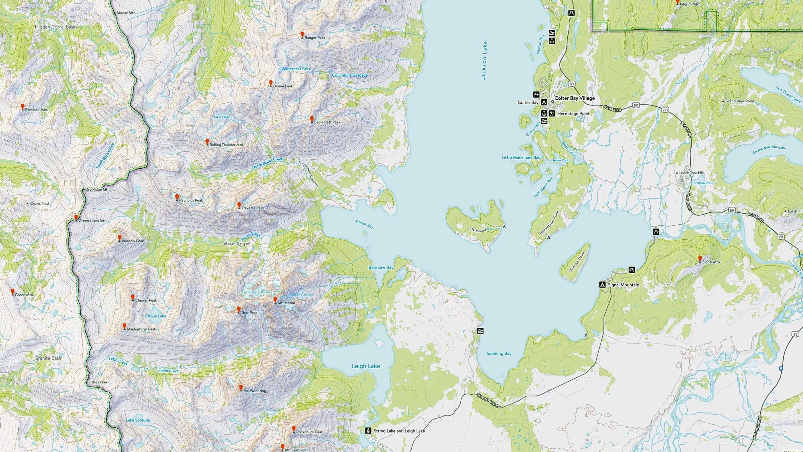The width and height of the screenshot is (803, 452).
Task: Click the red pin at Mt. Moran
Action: [275, 300]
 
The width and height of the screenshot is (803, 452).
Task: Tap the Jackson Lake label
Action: [484, 60]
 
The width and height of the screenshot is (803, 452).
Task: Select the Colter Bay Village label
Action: [574, 98]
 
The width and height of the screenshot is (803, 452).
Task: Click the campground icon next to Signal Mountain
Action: [602, 285]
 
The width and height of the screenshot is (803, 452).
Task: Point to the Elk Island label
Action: [477, 230]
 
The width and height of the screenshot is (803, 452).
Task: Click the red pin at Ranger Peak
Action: [302, 34]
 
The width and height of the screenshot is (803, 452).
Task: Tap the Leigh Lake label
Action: [366, 366]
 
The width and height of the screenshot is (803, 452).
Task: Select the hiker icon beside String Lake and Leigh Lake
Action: [368, 431]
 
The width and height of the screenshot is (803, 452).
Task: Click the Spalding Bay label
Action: [499, 353]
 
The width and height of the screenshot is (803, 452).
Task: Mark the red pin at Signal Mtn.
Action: [700, 259]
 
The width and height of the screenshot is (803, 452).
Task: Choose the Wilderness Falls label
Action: [295, 69]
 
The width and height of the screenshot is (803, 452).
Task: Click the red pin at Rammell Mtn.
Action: [22, 106]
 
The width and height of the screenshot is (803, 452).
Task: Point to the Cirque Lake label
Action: [155, 316]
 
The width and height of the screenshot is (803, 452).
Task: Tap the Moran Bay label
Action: [364, 224]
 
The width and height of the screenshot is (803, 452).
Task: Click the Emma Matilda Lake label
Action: [769, 150]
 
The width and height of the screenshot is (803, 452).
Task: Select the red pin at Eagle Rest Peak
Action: [312, 119]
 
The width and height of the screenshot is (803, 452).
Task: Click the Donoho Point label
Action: [577, 262]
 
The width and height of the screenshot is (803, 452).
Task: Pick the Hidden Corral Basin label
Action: [56, 27]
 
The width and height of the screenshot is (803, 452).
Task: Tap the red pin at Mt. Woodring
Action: [241, 388]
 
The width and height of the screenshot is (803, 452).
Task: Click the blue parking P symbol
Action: [781, 369]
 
